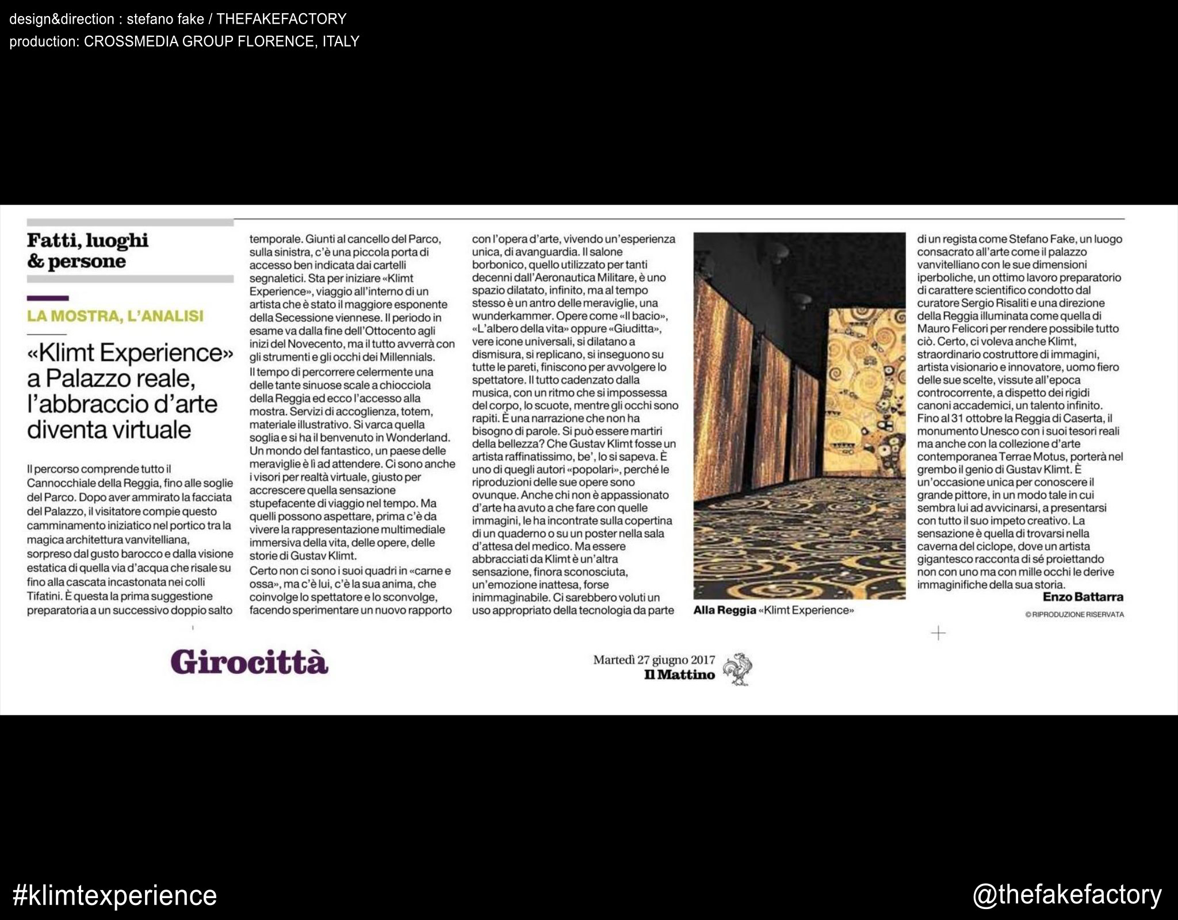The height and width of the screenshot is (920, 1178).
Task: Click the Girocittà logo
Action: pyautogui.click(x=249, y=662)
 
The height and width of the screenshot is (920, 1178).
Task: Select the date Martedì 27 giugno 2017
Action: pyautogui.click(x=654, y=660)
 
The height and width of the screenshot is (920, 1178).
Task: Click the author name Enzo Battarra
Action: pyautogui.click(x=1083, y=597)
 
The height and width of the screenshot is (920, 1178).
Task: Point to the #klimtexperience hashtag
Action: pyautogui.click(x=114, y=895)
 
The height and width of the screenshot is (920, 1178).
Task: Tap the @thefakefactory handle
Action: pyautogui.click(x=1067, y=895)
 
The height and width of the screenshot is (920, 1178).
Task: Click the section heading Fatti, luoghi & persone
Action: pyautogui.click(x=87, y=251)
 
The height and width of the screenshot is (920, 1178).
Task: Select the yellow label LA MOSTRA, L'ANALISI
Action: pyautogui.click(x=115, y=316)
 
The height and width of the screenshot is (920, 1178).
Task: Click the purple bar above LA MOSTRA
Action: pyautogui.click(x=48, y=298)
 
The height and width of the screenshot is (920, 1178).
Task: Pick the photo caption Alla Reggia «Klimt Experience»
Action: pyautogui.click(x=774, y=610)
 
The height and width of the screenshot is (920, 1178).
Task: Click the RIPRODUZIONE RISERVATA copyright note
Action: pyautogui.click(x=1074, y=615)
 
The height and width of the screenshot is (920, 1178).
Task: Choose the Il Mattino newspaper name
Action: pyautogui.click(x=679, y=675)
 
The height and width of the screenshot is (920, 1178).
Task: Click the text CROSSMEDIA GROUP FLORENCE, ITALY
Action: pyautogui.click(x=221, y=41)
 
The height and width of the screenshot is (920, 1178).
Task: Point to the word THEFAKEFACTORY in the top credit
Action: pyautogui.click(x=281, y=19)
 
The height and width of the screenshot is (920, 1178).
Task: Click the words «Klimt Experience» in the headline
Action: pyautogui.click(x=131, y=352)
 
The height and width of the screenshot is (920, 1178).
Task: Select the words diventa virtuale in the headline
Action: pyautogui.click(x=109, y=429)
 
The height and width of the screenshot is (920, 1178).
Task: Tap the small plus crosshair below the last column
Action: pyautogui.click(x=938, y=634)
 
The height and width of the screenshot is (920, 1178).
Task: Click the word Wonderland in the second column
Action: pyautogui.click(x=420, y=438)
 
